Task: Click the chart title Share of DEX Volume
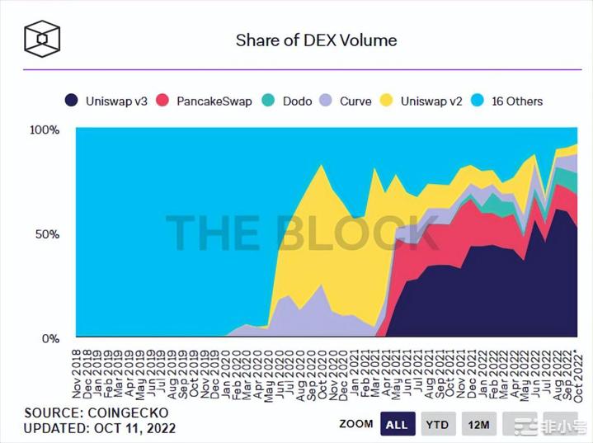click(x=316, y=40)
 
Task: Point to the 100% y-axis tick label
click(x=44, y=130)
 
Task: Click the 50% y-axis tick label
click(x=47, y=234)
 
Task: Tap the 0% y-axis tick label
click(x=50, y=338)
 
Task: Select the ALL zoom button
click(x=397, y=424)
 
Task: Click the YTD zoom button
click(x=438, y=424)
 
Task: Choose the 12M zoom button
click(x=479, y=424)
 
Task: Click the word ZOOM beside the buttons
click(x=355, y=424)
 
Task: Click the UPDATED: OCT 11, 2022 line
click(x=100, y=429)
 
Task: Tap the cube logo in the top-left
click(x=41, y=39)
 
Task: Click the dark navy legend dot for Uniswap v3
click(x=72, y=101)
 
